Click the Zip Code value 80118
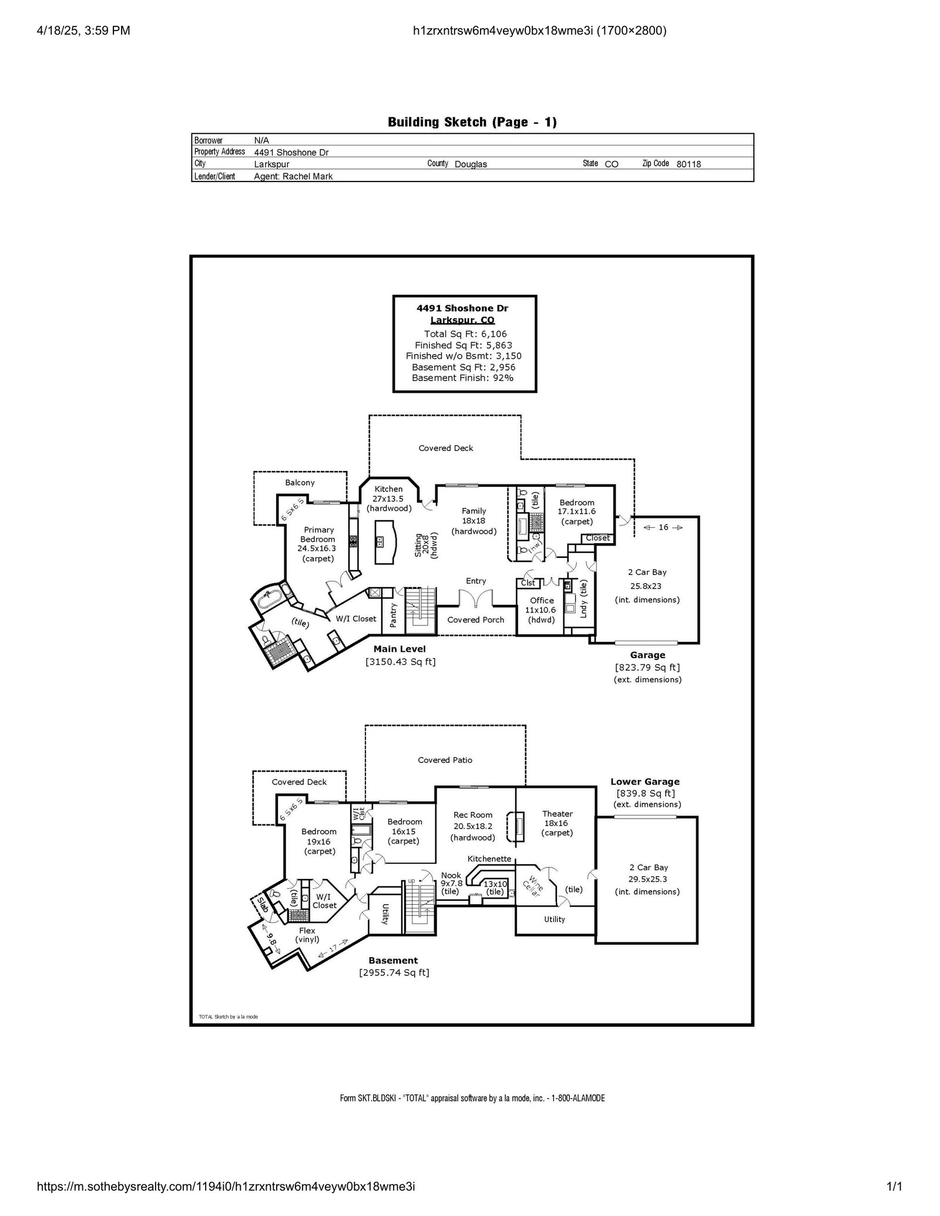689,164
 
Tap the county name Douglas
471,164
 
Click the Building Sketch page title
472,122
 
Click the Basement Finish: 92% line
462,378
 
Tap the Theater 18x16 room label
557,823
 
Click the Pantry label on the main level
394,616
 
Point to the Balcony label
300,483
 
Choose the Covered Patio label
445,760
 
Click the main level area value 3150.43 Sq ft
400,662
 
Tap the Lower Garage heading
644,782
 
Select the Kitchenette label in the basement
489,858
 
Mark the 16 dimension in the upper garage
663,527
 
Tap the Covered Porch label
476,619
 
